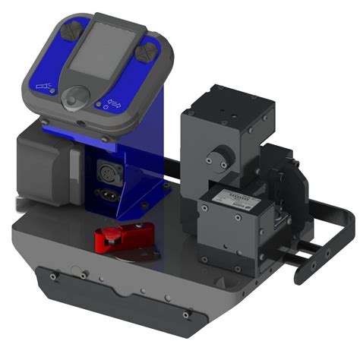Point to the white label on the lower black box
coord(233,198)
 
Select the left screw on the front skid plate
coord(52,277)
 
